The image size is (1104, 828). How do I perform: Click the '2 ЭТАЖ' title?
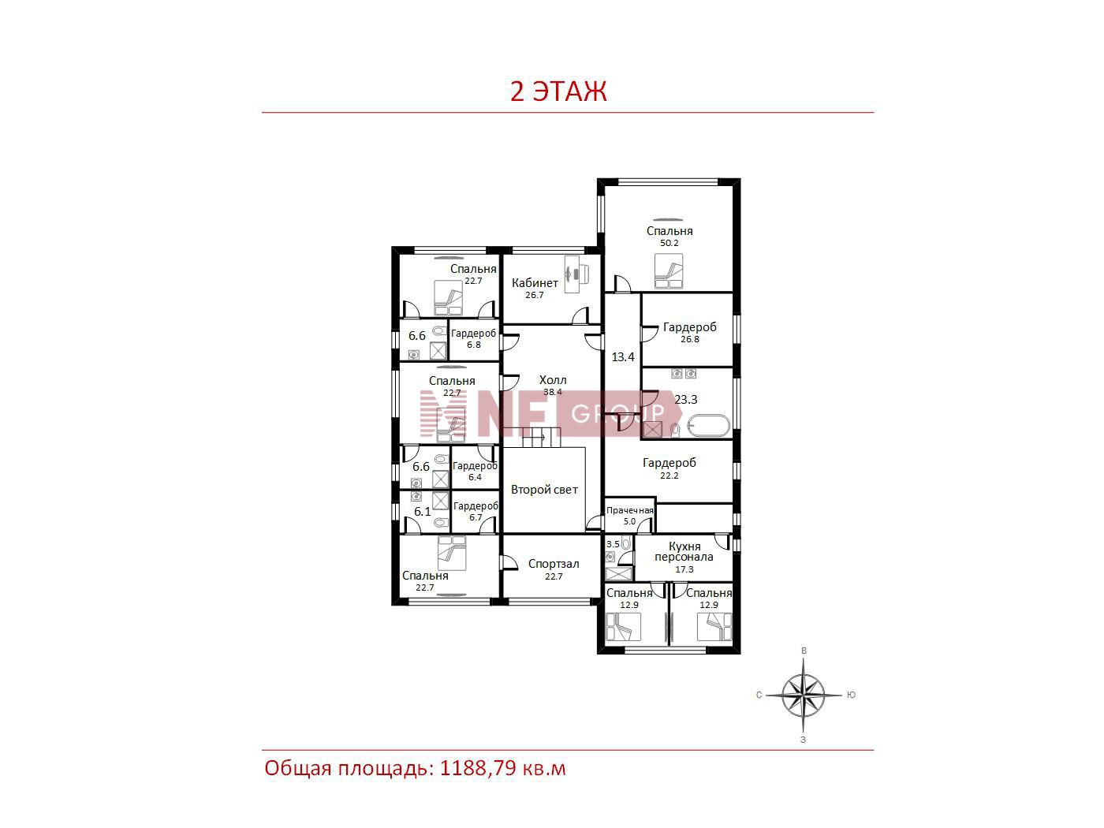(x=558, y=91)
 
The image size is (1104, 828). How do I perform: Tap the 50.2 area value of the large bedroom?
(x=669, y=243)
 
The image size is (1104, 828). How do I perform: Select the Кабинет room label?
(x=535, y=283)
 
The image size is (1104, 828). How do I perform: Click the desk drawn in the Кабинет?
(x=576, y=274)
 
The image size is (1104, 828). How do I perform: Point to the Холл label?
(x=553, y=379)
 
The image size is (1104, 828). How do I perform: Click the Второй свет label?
(x=544, y=489)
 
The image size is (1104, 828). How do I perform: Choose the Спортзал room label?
(x=554, y=564)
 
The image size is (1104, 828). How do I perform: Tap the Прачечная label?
(x=630, y=510)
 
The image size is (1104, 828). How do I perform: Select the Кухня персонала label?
(x=684, y=551)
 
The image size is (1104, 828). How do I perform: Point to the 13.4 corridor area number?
(x=623, y=357)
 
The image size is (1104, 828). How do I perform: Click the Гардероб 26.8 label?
(x=689, y=332)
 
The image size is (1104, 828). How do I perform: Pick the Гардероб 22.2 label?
(x=669, y=468)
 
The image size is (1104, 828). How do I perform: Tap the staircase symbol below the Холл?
(x=541, y=438)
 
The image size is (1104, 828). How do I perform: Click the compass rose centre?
(x=804, y=696)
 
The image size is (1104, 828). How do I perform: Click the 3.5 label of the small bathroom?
(x=613, y=544)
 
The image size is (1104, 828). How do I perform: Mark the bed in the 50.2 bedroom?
(x=669, y=271)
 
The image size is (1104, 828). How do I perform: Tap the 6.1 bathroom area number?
(x=422, y=511)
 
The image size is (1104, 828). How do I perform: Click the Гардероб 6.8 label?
(x=473, y=339)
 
